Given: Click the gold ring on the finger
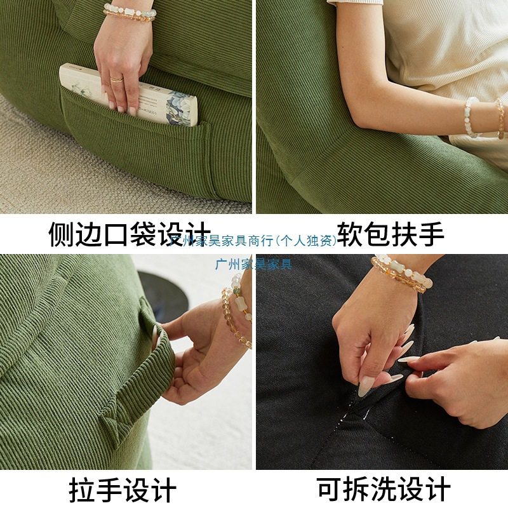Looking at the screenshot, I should tap(117, 79).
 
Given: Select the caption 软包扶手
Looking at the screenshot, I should tap(390, 234).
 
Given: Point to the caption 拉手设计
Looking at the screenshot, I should tap(122, 490).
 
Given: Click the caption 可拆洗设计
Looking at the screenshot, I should tap(384, 490).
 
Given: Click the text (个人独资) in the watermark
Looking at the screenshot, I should tap(304, 241).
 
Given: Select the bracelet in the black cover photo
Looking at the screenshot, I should tap(400, 273).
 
